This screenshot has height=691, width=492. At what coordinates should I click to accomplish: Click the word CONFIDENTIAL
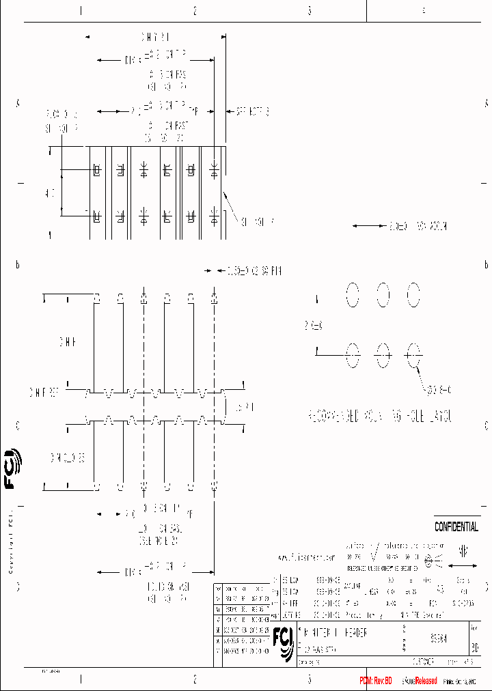456,527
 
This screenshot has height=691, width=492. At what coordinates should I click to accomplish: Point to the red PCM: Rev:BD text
376,681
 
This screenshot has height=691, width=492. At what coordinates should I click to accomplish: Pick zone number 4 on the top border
424,11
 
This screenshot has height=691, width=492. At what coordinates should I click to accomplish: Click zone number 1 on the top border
81,11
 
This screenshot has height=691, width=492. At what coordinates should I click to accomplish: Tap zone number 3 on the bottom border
310,679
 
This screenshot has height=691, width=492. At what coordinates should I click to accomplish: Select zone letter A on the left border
18,103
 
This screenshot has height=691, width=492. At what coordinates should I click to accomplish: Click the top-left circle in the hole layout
352,295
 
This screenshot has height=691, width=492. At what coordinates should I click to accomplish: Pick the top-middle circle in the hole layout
383,295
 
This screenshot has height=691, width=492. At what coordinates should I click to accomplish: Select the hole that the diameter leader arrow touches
413,354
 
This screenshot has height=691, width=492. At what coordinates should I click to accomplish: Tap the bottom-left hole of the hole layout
352,354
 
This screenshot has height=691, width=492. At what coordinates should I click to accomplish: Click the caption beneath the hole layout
380,416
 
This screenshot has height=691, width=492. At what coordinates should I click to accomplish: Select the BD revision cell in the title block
475,644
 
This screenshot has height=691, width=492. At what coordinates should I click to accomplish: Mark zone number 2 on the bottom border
195,679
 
